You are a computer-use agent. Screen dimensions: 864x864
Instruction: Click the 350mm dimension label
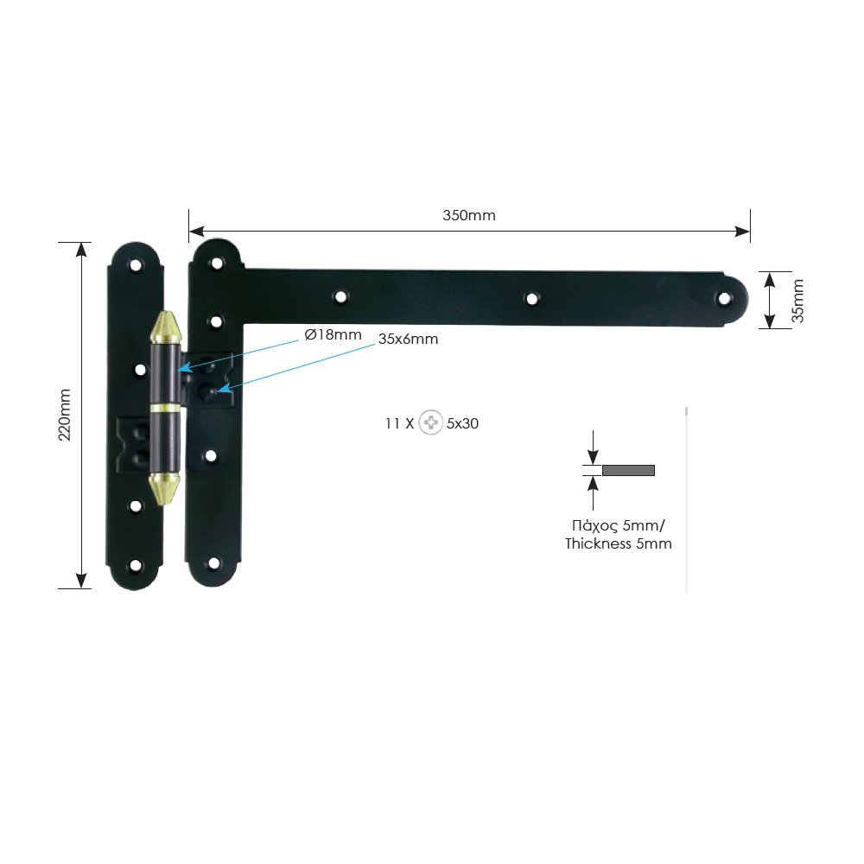click(469, 215)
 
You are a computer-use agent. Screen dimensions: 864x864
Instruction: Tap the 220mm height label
click(65, 415)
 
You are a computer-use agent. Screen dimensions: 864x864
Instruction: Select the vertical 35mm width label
click(797, 301)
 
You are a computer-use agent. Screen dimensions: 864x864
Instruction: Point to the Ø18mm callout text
click(333, 334)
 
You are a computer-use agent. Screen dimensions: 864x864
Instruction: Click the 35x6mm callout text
click(408, 339)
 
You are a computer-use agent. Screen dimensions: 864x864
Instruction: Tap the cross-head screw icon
click(430, 422)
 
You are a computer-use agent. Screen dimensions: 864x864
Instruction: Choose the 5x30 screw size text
click(463, 423)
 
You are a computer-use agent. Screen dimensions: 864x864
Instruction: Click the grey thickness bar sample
click(628, 470)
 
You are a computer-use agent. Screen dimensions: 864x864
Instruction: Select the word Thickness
click(598, 543)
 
